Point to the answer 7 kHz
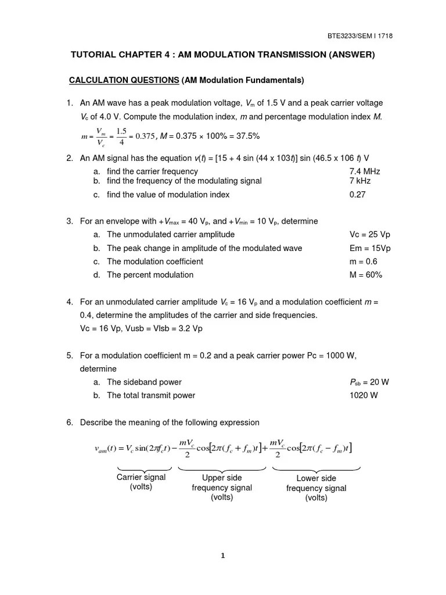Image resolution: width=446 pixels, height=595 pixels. pos(360,181)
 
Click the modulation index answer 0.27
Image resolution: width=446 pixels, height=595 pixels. pos(358,195)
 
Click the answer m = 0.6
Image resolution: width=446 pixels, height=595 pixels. pos(364,261)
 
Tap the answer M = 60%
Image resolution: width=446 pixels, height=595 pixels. pos(366,275)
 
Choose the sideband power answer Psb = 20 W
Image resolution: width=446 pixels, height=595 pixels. pos(369,382)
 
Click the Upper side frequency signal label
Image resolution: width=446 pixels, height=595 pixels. pos(222,488)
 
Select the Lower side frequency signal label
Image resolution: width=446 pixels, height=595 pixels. pos(316,488)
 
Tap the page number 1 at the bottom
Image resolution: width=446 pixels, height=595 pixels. pos(223,555)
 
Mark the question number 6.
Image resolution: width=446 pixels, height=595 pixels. pos(69,422)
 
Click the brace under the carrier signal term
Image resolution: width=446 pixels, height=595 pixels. pos(145,468)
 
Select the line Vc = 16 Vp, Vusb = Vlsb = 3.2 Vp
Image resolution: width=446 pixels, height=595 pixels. pos(141,328)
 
